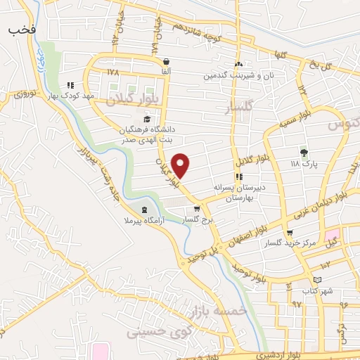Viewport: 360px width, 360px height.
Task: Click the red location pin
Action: pos(181,165)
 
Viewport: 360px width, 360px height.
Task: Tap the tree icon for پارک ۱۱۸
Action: pos(304,152)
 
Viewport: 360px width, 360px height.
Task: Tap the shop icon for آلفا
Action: pos(166,61)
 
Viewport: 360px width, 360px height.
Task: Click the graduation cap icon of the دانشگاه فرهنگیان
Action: pos(146,119)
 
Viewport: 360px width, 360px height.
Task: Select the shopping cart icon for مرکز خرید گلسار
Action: pos(290,233)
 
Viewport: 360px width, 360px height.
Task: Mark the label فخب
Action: pos(22,31)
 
